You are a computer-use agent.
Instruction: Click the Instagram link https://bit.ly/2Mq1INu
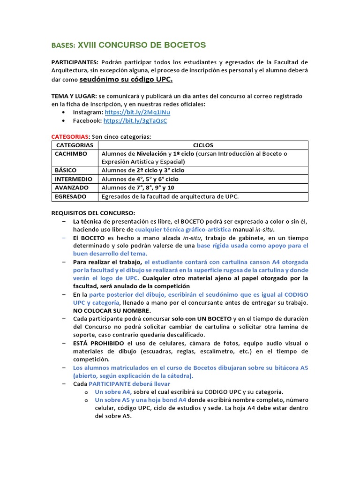point(137,112)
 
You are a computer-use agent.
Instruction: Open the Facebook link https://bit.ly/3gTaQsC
point(135,121)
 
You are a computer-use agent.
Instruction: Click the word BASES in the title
point(63,46)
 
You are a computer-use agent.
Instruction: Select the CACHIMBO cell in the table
point(71,154)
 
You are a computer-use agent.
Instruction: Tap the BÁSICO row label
point(66,170)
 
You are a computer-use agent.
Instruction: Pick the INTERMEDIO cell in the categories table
point(73,179)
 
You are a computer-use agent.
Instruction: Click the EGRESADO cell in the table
point(70,196)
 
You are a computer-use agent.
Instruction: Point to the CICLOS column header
point(202,145)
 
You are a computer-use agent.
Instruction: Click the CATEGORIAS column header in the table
point(75,145)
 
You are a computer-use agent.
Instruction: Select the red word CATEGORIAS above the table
point(69,136)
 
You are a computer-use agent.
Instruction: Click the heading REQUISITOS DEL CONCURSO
point(93,213)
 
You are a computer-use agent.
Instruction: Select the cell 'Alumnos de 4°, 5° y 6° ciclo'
point(140,179)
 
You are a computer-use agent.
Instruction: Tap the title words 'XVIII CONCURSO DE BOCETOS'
point(142,45)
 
